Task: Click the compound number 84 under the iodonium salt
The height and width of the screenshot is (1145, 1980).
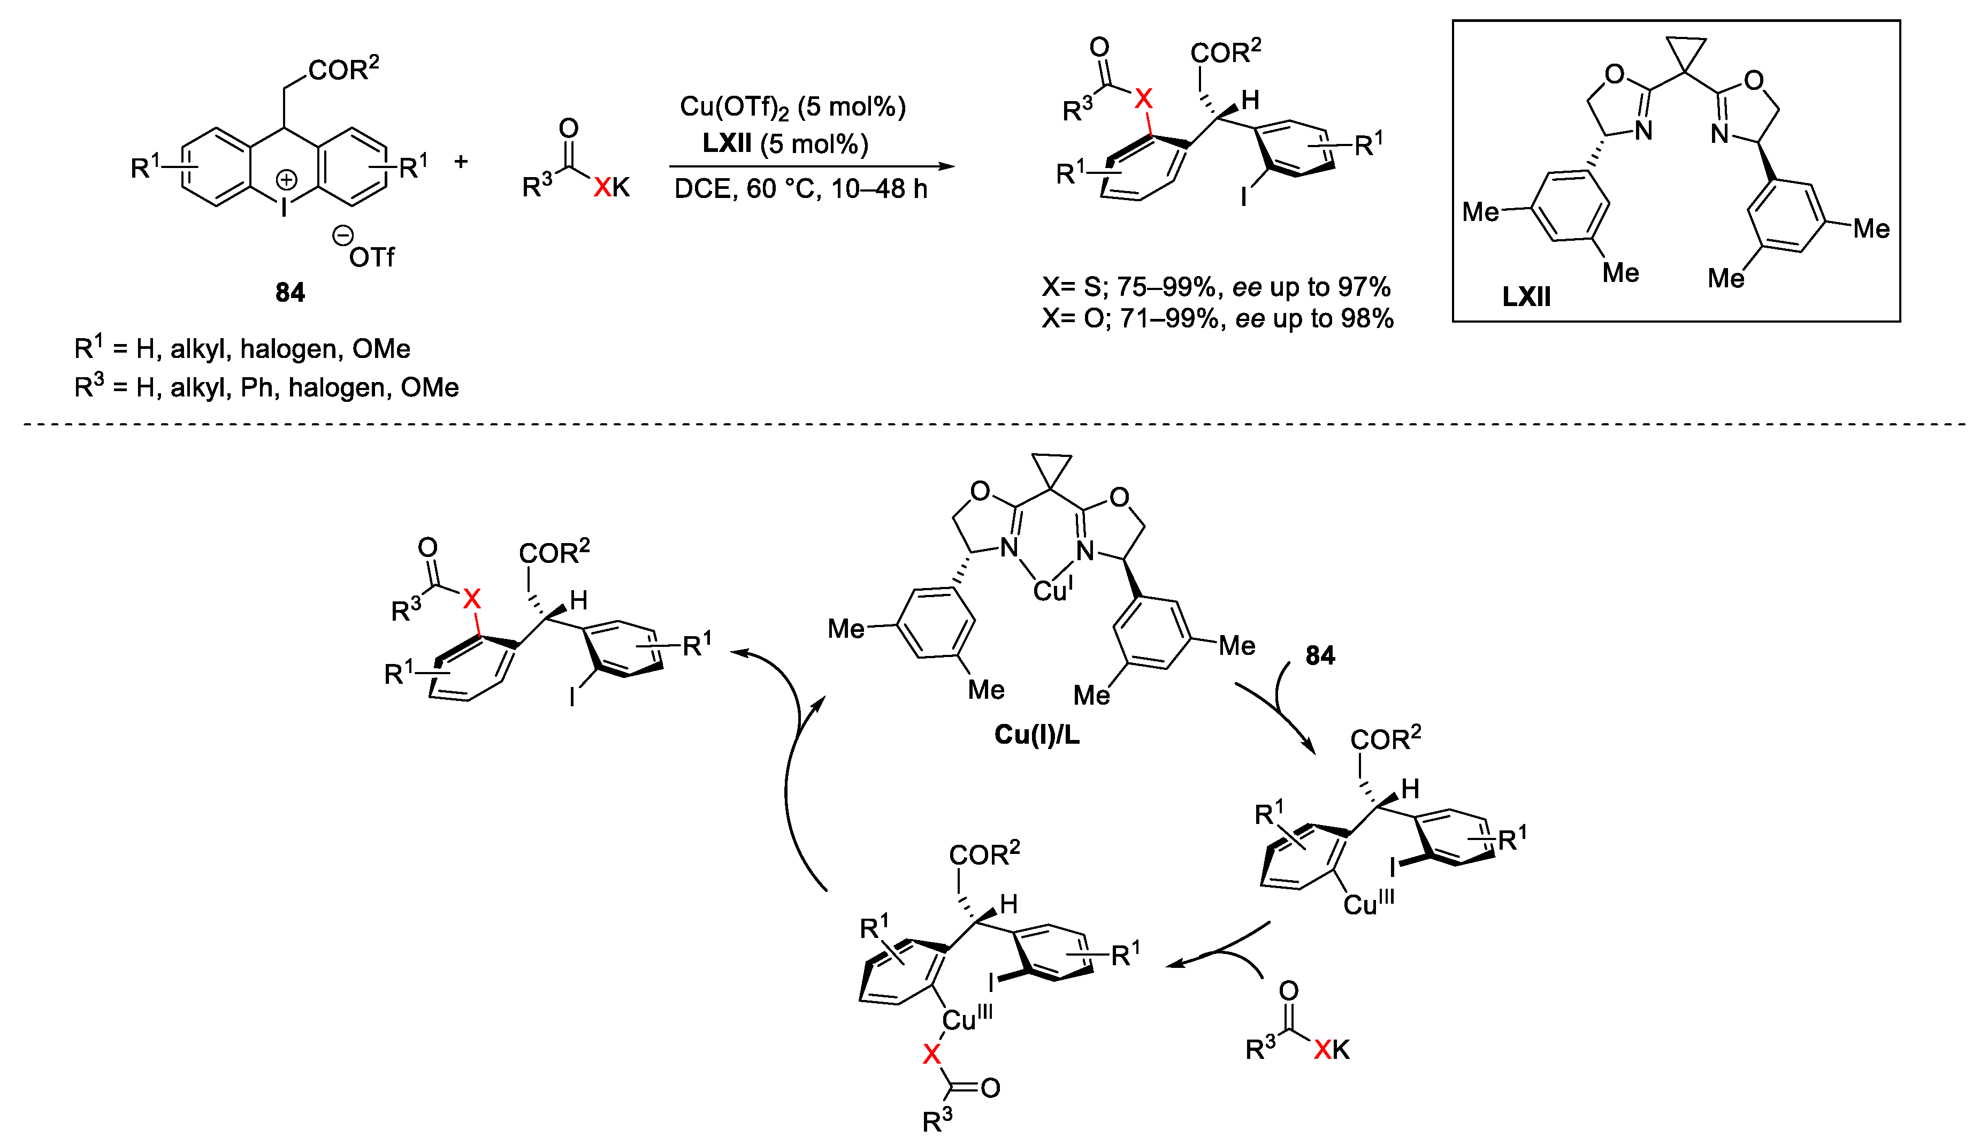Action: (290, 292)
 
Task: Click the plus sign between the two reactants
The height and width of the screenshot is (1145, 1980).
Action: (461, 162)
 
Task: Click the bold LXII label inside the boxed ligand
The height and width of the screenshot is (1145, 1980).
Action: (1526, 296)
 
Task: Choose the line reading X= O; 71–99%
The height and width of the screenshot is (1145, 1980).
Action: (1217, 318)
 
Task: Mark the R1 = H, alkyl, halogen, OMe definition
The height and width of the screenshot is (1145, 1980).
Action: (242, 348)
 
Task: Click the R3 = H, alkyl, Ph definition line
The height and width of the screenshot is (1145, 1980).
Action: (265, 387)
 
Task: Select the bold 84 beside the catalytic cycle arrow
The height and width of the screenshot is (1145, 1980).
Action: (1320, 655)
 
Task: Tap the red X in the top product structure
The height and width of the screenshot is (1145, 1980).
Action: (1143, 99)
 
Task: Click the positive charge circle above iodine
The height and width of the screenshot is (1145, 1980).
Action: (286, 180)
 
